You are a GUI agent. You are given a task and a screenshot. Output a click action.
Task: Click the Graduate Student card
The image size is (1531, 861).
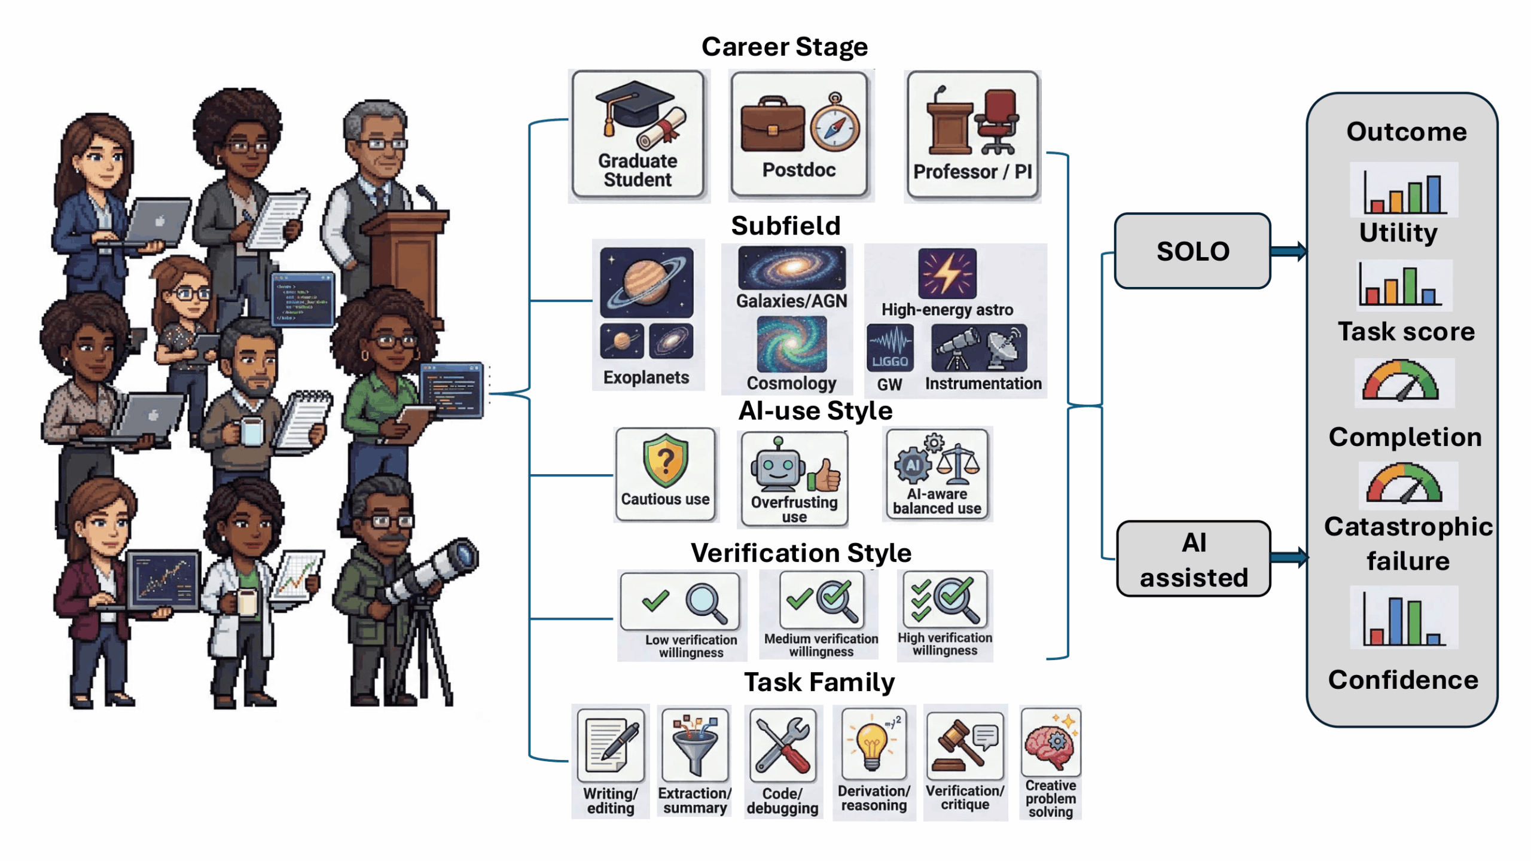[x=638, y=135]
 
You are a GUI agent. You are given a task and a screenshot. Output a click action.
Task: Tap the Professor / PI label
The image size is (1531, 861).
[x=972, y=172]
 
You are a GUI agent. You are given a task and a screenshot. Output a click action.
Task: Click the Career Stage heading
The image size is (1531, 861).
[x=784, y=47]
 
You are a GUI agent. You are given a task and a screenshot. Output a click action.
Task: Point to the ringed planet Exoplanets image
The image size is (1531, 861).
[x=646, y=282]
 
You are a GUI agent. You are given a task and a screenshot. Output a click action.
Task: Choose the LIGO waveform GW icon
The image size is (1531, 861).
[x=890, y=348]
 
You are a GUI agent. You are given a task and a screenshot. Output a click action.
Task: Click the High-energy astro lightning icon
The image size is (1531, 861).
[x=947, y=274]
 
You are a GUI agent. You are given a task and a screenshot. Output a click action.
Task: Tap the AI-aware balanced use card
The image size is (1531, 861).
[x=937, y=475]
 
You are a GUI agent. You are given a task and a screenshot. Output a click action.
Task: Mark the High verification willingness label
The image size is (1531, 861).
[x=945, y=644]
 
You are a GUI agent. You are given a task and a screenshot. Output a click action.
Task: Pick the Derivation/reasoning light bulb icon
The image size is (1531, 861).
[x=872, y=744]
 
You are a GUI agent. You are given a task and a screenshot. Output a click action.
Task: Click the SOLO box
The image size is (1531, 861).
[x=1193, y=251]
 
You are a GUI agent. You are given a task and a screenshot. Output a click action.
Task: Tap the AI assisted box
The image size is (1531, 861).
[x=1194, y=559]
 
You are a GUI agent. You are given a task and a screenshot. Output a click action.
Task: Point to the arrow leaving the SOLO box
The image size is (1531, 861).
[x=1288, y=251]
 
